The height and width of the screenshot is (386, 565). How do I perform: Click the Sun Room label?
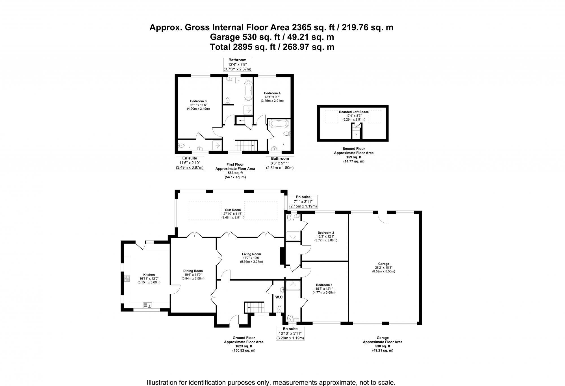tap(233, 210)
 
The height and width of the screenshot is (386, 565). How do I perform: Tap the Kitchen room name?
tap(149, 275)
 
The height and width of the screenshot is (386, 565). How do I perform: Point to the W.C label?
tap(279, 297)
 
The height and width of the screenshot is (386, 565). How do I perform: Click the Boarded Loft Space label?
tap(354, 112)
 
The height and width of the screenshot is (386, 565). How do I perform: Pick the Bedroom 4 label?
tap(272, 93)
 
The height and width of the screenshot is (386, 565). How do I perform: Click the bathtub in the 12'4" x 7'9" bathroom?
tap(248, 90)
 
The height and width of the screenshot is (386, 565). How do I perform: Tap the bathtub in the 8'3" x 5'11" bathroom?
tap(278, 123)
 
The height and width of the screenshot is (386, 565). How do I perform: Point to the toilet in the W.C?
tap(279, 308)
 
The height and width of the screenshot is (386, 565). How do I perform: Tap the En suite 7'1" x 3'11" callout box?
tap(303, 201)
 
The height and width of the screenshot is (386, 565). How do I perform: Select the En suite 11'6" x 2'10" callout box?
tap(189, 163)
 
